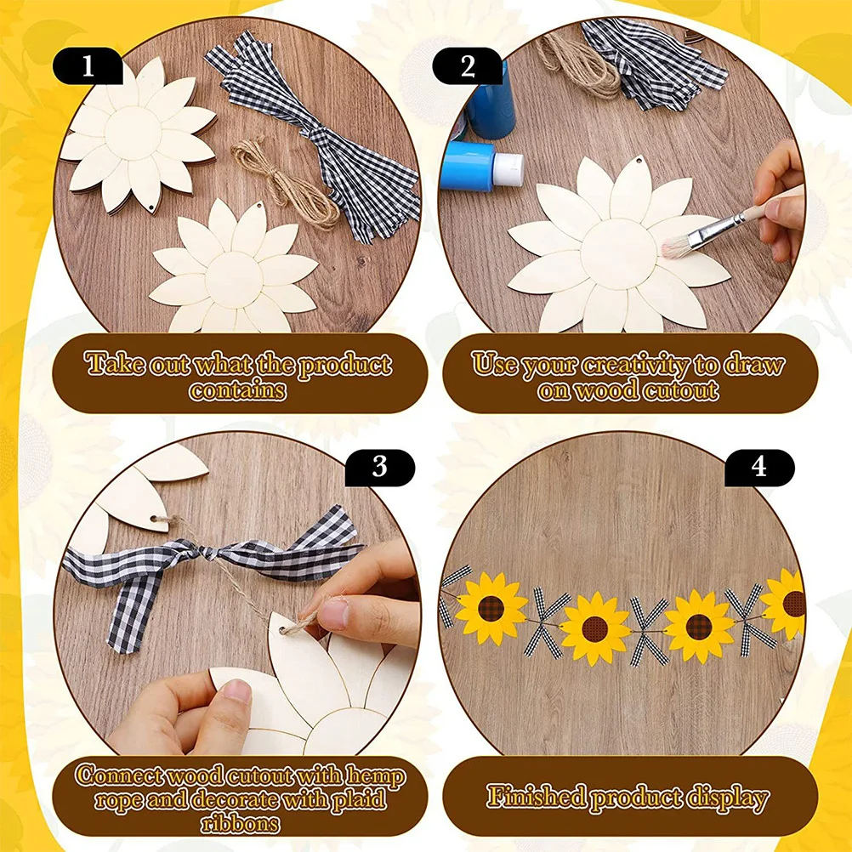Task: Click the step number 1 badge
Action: tap(88, 66)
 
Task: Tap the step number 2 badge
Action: tap(468, 66)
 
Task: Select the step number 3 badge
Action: tap(380, 467)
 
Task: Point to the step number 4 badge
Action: tap(758, 467)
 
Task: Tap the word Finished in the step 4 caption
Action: tap(537, 798)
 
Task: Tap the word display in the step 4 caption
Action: tap(723, 798)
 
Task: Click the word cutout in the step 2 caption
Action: tap(680, 390)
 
